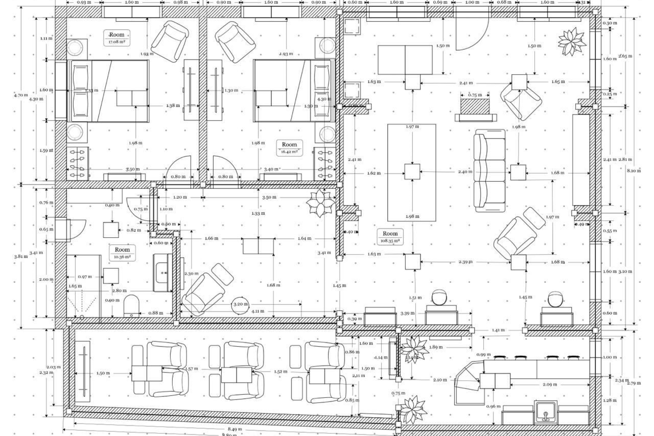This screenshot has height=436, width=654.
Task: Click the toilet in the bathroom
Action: click(131, 306)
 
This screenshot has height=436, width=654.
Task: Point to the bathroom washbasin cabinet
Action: click(163, 272)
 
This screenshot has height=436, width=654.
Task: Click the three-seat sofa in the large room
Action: click(489, 170)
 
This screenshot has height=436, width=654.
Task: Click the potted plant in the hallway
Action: click(320, 203)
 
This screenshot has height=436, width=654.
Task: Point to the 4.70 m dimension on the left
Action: click(21, 95)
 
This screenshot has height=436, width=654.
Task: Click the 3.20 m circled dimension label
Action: click(240, 304)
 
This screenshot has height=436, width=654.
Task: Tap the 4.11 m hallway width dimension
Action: click(258, 311)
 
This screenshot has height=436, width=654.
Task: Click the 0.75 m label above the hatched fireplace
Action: click(475, 95)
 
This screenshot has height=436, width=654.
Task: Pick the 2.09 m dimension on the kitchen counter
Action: click(550, 384)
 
